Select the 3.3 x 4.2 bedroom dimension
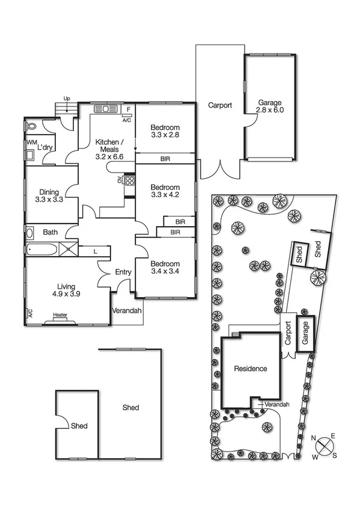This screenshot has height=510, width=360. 165,195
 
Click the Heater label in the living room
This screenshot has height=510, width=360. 59,315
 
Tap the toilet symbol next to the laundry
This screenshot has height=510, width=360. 32,127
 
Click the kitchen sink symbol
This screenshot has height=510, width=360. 106,109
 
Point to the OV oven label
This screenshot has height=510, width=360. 120,179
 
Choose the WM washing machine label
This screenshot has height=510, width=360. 31,143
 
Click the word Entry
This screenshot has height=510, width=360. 123,272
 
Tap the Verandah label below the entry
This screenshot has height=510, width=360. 127,311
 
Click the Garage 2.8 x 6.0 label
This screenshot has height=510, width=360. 269,106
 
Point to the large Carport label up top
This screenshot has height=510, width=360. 220,105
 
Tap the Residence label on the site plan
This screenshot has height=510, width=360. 250,369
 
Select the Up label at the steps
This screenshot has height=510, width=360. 67,97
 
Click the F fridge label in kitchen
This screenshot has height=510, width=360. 128,109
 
